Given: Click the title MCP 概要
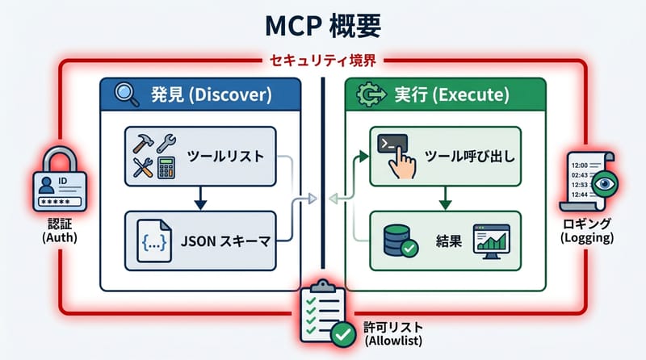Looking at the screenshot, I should [323, 25].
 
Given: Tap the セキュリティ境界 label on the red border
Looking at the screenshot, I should [322, 61].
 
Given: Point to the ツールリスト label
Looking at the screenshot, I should [224, 156].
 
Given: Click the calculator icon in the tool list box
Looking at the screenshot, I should [168, 168].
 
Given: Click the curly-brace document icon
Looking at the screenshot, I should [155, 240].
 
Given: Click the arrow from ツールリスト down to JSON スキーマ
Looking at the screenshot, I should [199, 198].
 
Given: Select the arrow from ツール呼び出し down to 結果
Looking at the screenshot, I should [443, 198].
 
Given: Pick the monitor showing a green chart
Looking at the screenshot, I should [493, 240].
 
